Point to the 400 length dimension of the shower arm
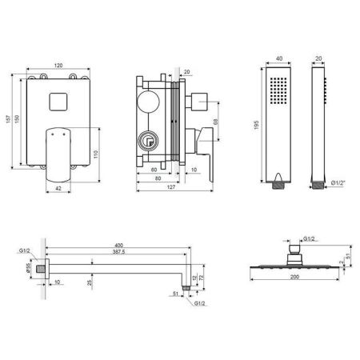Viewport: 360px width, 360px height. click(x=118, y=245)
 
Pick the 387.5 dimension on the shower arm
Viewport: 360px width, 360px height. click(x=118, y=253)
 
